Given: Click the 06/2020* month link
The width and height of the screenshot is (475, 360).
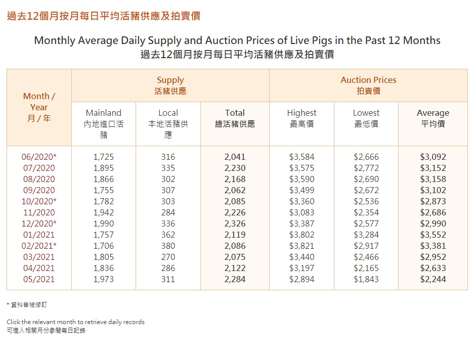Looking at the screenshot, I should click(39, 157).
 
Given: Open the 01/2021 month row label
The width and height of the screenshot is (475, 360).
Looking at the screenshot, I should click(39, 235).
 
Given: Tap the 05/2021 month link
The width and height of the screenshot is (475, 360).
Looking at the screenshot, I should click(39, 279).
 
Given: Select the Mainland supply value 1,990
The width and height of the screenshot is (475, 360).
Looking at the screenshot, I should click(104, 223).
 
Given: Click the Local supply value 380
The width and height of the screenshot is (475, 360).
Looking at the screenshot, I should click(168, 246).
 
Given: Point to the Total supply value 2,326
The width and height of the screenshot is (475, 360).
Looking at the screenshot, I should click(235, 223).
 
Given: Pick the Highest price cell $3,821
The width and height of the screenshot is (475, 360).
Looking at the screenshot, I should click(301, 246).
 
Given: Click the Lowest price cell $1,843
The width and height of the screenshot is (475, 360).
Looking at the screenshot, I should click(366, 279).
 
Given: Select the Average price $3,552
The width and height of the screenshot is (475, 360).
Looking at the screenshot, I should click(433, 235).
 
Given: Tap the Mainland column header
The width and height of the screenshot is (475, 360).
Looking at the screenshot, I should click(104, 113).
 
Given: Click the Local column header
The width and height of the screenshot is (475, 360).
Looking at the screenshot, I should click(168, 113).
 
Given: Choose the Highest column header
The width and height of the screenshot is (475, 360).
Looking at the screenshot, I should click(301, 113).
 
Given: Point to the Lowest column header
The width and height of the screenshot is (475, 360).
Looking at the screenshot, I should click(366, 113).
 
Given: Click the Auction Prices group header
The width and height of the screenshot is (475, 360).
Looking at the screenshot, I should click(368, 80).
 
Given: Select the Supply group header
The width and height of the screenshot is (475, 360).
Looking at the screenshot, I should click(170, 80).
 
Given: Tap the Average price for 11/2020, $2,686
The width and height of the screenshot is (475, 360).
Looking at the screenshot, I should click(433, 212).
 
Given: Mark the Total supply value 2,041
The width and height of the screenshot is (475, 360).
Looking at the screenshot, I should click(235, 157).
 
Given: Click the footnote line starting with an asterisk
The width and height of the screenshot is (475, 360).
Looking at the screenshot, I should click(28, 305).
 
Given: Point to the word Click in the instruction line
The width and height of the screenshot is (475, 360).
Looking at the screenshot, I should click(13, 322).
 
